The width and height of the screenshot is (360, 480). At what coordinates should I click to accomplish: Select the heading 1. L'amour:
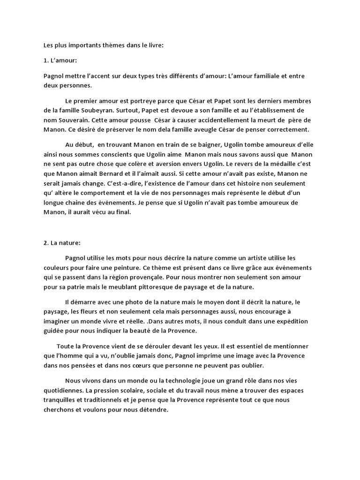57,60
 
